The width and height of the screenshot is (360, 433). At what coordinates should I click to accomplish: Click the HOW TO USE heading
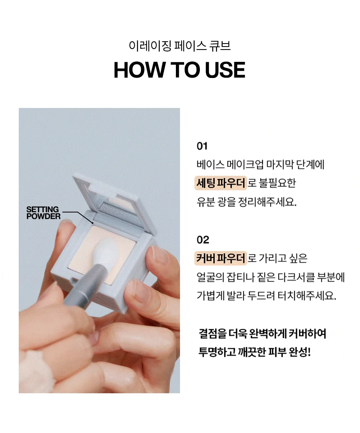coord(179,70)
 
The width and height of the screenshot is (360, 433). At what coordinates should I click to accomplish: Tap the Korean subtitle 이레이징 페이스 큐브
coord(180,46)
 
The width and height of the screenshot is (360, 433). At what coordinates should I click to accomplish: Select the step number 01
coord(202,146)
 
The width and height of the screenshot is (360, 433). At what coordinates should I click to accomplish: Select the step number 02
coord(203,240)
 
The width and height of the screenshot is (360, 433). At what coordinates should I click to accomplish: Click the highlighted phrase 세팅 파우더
coord(220,183)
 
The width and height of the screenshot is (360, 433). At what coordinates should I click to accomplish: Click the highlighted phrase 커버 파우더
coord(220,258)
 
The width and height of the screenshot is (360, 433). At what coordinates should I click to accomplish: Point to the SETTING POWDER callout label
coord(43,213)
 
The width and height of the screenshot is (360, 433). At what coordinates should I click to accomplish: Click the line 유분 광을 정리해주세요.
coord(246,202)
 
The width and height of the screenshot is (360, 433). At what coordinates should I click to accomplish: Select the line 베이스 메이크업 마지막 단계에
coord(260,164)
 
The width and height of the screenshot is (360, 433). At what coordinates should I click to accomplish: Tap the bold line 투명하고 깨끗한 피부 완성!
coord(255,352)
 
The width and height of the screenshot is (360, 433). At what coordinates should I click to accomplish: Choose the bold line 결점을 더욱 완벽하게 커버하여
coord(262,333)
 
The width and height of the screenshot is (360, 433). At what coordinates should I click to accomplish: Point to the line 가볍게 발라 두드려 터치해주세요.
coord(266,296)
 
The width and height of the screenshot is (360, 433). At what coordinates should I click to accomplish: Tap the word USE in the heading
coord(225,70)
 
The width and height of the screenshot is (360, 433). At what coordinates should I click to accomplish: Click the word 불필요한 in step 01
coord(277,183)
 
